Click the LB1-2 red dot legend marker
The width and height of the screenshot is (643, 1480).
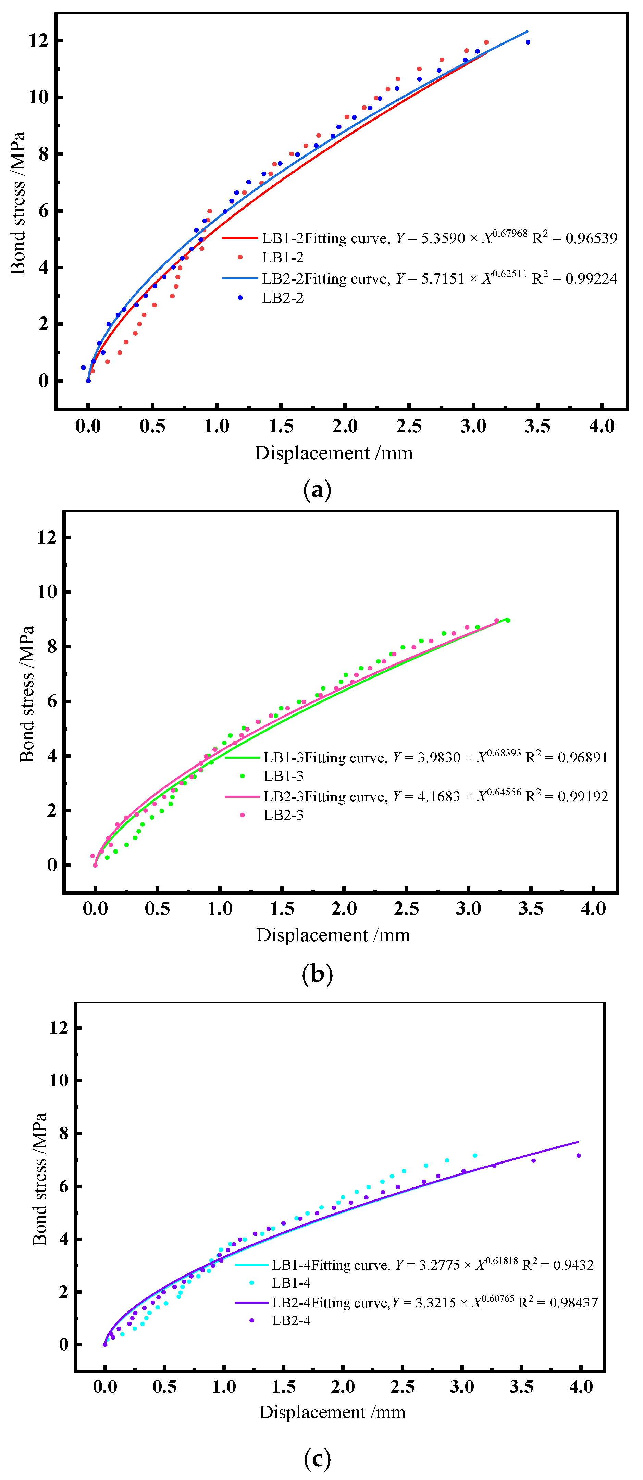[240, 257]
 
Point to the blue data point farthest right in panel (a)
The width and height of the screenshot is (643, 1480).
[528, 42]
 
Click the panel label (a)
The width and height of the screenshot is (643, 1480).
[317, 489]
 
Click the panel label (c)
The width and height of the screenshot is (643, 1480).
[317, 1458]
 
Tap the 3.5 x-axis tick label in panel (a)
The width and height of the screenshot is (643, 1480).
[537, 426]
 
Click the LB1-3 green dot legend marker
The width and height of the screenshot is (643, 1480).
[243, 775]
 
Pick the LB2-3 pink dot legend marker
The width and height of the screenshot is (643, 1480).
[243, 815]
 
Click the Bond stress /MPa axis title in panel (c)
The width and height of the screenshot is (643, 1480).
[39, 1179]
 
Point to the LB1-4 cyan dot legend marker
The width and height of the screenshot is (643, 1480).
[252, 1282]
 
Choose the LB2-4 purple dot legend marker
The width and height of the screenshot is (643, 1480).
[252, 1320]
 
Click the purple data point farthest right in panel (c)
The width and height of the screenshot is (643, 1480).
[579, 1155]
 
